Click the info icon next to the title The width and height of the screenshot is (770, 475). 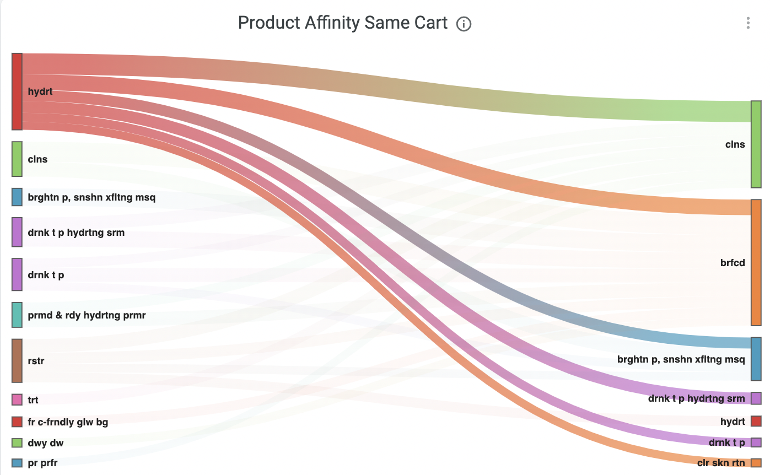(x=464, y=24)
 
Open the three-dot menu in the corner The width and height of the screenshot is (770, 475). (x=748, y=23)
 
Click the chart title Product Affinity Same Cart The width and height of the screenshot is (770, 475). (x=342, y=23)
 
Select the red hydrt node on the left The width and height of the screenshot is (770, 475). (x=17, y=91)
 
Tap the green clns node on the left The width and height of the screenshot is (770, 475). (x=17, y=159)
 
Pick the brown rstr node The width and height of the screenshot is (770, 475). (x=17, y=360)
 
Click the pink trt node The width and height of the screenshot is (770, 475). (x=17, y=400)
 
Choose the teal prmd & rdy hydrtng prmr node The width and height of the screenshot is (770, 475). (x=17, y=315)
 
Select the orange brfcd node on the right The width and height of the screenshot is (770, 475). (x=756, y=262)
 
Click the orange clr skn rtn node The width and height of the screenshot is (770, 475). (x=756, y=463)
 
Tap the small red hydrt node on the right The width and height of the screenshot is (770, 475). (x=756, y=422)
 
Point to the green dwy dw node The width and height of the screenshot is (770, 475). (x=17, y=442)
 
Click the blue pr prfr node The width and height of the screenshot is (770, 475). (x=17, y=463)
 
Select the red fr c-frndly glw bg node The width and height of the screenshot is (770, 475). (x=17, y=422)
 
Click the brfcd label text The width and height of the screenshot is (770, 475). (x=732, y=263)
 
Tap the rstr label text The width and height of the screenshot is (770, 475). (x=36, y=361)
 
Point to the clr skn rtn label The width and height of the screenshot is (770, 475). (x=721, y=463)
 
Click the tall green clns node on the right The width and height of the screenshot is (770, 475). (x=756, y=144)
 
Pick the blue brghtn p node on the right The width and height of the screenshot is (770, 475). (x=756, y=359)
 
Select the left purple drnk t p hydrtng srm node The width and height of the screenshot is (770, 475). (x=17, y=232)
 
